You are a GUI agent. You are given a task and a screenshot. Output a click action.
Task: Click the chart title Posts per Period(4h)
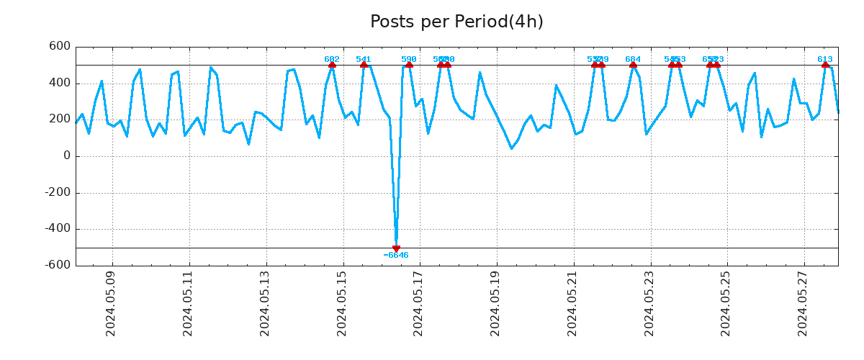pos(456,22)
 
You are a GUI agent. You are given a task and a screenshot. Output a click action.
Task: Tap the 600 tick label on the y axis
pos(60,47)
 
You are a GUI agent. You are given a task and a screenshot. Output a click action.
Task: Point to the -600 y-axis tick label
pos(57,265)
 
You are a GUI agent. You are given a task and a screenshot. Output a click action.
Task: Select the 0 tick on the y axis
pos(67,156)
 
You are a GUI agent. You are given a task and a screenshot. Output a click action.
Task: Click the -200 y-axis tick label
pos(57,192)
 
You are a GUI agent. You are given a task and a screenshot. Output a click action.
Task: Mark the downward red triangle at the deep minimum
pos(396,248)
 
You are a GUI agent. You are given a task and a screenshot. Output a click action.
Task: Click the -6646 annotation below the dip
pos(396,256)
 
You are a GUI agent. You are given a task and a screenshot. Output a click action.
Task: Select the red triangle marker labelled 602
pos(332,65)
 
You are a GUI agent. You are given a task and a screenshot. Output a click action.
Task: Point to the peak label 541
pos(364,59)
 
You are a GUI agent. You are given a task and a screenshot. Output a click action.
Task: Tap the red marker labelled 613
pos(825,65)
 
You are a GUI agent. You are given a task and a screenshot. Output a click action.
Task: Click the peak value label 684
pos(633,59)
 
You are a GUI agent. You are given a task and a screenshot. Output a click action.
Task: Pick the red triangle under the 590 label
pos(409,65)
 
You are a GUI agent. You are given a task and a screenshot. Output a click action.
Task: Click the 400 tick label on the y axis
pos(60,83)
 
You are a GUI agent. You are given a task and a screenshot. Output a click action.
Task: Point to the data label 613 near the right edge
pos(825,59)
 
